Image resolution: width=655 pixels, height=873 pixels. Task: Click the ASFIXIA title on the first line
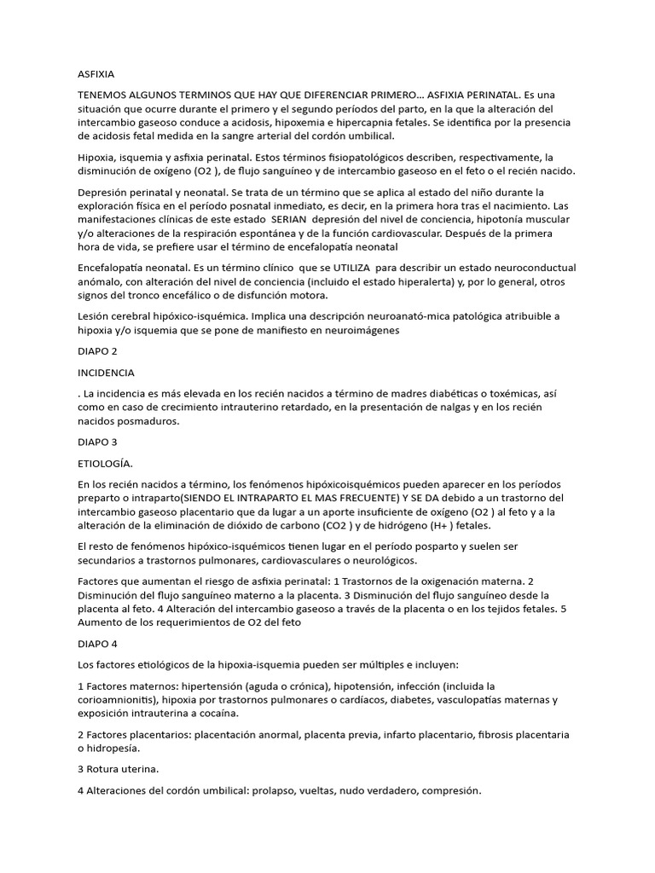point(96,74)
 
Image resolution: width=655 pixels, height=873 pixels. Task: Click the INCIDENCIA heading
point(106,373)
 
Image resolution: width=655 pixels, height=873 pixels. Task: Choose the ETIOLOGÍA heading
point(105,463)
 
